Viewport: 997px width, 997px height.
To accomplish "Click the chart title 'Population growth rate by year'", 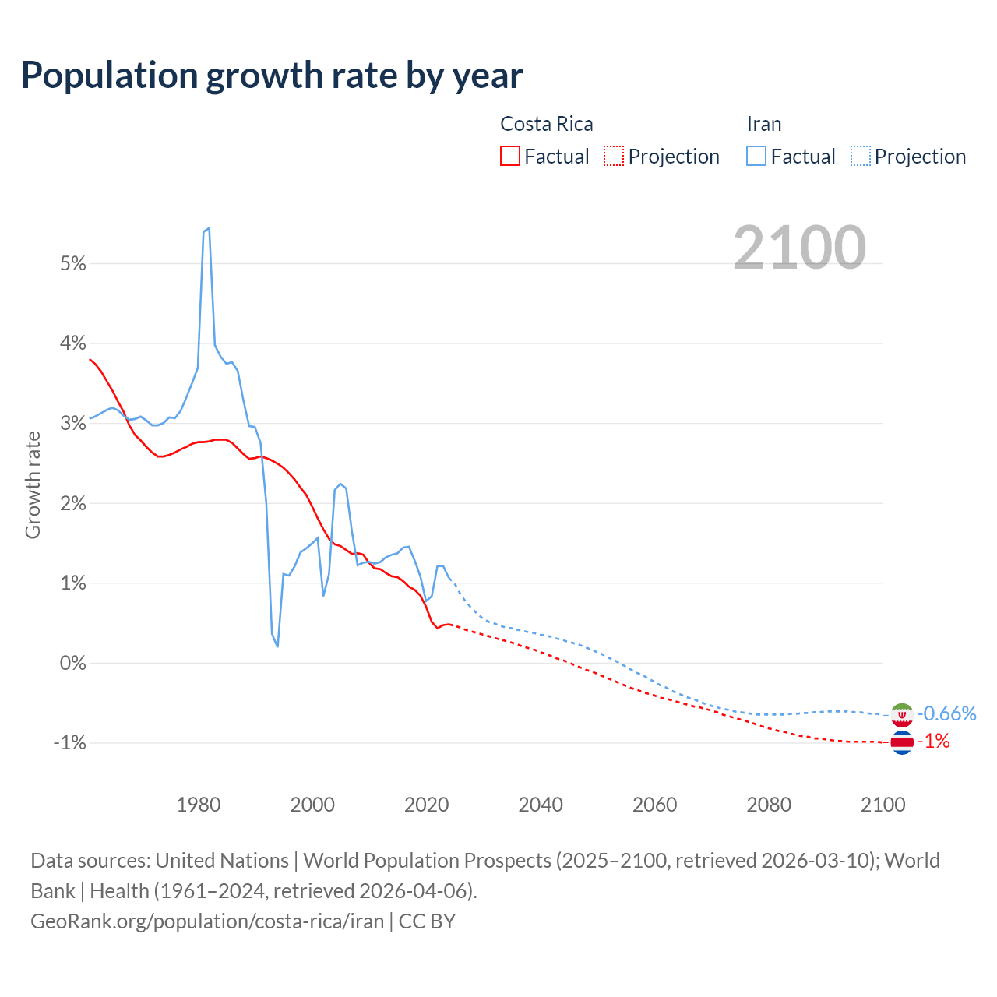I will click(x=272, y=76).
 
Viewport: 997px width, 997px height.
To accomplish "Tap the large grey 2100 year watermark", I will click(x=799, y=248).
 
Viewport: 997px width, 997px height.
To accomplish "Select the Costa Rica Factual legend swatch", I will click(x=510, y=156).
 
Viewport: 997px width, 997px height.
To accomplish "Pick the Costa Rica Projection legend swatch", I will click(x=614, y=156).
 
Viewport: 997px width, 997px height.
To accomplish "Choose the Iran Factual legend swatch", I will click(x=756, y=156).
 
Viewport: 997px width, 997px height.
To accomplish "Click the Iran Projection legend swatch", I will click(x=860, y=156).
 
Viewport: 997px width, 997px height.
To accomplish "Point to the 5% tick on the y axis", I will click(x=72, y=263).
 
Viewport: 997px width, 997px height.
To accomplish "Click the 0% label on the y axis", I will click(x=72, y=663).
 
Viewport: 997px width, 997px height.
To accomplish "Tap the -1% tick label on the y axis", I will click(x=69, y=743).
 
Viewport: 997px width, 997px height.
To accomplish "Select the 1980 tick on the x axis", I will click(x=199, y=805).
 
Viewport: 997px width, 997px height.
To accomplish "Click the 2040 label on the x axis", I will click(x=541, y=805).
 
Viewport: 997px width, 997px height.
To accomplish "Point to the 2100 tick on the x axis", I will click(x=883, y=805).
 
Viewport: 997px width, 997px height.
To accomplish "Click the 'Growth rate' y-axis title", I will click(x=33, y=484).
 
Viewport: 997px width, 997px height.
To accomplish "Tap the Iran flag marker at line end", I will click(x=901, y=714).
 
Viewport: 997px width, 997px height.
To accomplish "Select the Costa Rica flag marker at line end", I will click(x=901, y=742).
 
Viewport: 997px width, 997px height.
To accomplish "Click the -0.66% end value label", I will click(x=946, y=713).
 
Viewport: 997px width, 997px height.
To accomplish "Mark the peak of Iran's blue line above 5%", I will click(x=209, y=228).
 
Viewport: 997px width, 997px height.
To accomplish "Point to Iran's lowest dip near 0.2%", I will click(x=277, y=646).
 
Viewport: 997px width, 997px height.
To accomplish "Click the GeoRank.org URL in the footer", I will click(x=207, y=921).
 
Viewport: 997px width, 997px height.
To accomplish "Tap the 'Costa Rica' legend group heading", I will click(x=546, y=124).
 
